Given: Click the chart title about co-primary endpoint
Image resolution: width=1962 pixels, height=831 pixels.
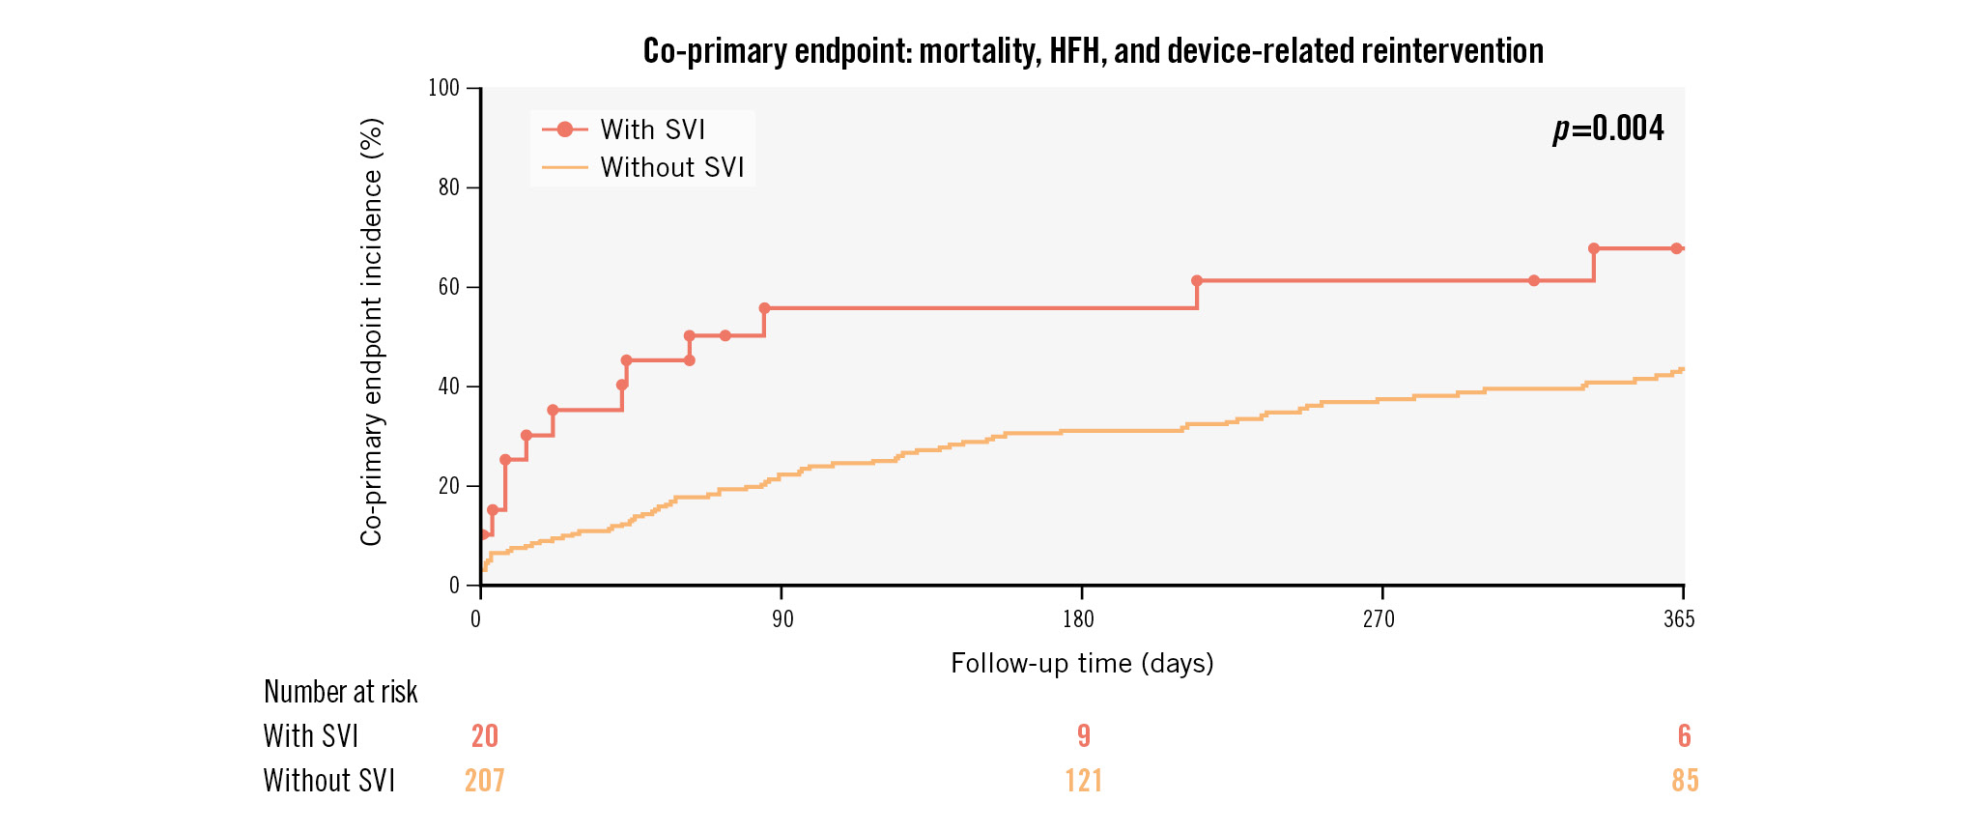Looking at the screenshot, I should click(x=1093, y=50).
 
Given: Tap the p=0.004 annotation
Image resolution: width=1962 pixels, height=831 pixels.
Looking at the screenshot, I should click(x=1608, y=129).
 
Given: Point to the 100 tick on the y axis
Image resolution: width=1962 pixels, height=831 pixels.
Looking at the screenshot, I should click(x=444, y=88).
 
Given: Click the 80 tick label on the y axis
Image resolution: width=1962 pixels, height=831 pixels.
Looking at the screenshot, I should click(x=448, y=187).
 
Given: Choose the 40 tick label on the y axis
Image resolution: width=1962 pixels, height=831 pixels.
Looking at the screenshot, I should click(x=448, y=387).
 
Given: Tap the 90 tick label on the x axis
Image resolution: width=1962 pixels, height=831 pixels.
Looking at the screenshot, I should click(x=782, y=619).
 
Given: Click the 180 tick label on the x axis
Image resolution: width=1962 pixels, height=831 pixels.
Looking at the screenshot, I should click(x=1079, y=619).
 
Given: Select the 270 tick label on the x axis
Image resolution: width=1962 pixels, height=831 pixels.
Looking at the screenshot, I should click(x=1379, y=619).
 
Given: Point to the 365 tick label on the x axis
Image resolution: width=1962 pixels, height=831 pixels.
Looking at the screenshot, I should click(x=1679, y=619).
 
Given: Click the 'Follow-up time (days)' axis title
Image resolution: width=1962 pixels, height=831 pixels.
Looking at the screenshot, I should click(x=1082, y=663).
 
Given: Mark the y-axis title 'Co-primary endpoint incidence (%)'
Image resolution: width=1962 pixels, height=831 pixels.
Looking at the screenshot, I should click(x=371, y=332).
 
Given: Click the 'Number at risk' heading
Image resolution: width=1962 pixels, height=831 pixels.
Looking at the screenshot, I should click(x=340, y=692).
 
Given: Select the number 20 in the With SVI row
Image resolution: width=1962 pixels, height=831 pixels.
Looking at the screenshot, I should click(x=485, y=736).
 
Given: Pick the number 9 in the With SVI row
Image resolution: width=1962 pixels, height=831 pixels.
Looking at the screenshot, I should click(x=1084, y=736).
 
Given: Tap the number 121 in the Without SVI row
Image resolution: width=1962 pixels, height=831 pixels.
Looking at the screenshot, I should click(x=1084, y=781).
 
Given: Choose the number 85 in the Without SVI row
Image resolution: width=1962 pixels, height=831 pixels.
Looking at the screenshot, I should click(x=1685, y=781).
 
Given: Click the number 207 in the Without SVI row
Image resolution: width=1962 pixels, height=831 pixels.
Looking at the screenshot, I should click(x=485, y=781).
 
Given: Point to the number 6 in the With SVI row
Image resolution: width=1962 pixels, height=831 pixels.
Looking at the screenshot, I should click(x=1685, y=736).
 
